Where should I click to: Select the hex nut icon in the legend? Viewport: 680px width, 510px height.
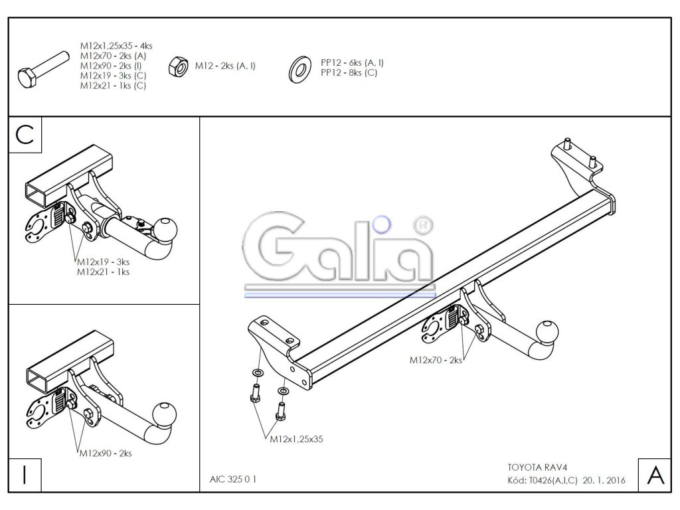click(x=178, y=66)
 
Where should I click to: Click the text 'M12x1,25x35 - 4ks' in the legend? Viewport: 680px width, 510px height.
click(x=116, y=46)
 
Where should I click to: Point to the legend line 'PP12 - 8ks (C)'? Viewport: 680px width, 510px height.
click(x=348, y=72)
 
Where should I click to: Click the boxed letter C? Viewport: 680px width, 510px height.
click(x=25, y=134)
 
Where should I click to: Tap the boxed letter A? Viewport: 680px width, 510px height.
click(x=654, y=474)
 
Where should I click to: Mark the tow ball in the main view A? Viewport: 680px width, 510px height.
click(x=549, y=331)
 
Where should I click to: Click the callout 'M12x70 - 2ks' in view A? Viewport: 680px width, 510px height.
click(x=436, y=360)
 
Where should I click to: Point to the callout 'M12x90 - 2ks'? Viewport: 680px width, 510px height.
click(x=105, y=454)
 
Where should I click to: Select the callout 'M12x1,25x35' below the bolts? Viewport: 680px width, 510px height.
click(x=296, y=439)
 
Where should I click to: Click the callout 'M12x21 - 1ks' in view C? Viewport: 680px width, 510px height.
click(x=103, y=272)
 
